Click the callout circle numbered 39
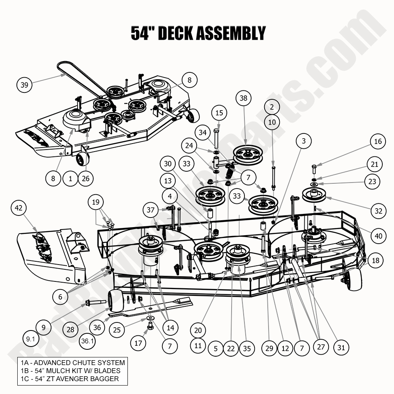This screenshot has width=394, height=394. tap(24, 85)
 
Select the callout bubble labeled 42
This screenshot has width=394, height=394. tap(19, 208)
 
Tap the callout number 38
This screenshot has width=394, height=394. tap(243, 98)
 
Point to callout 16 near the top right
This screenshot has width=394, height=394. tap(378, 141)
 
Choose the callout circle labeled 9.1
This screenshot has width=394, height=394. tap(31, 339)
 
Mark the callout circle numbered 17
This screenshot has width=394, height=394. tap(138, 343)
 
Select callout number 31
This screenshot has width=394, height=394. tap(341, 347)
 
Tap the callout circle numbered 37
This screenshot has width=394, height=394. tap(151, 210)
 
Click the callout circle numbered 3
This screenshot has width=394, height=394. tap(304, 141)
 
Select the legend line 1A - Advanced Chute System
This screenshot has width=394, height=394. tap(73, 363)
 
